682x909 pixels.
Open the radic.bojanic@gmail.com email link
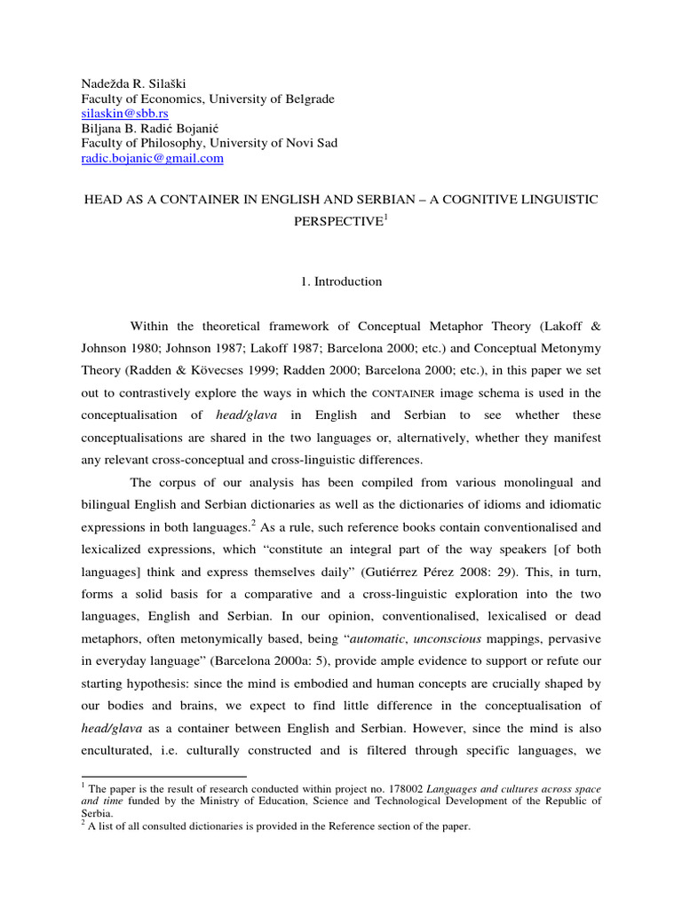153,158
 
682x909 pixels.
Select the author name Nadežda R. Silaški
136,84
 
